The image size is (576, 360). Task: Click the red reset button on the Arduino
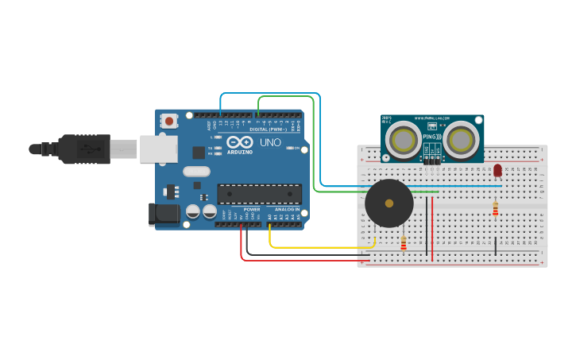click(x=168, y=121)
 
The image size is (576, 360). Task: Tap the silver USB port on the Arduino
click(x=158, y=149)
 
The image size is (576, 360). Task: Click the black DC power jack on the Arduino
click(x=164, y=213)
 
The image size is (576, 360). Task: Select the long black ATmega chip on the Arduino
click(x=259, y=194)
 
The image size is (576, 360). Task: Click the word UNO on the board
click(x=270, y=142)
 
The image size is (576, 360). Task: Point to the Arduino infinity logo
click(x=240, y=142)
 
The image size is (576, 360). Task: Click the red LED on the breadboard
click(x=498, y=170)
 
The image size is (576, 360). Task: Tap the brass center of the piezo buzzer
click(x=389, y=203)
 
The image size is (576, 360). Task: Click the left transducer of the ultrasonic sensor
click(x=404, y=140)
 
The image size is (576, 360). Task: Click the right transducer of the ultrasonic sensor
click(x=461, y=140)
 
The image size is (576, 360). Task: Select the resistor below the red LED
click(x=496, y=208)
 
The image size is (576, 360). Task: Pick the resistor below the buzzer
click(x=404, y=243)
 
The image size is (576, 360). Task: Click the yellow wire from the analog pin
click(x=318, y=247)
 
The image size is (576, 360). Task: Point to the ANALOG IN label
click(x=288, y=209)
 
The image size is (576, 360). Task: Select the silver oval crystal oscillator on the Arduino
click(x=196, y=171)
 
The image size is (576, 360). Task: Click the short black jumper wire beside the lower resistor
click(x=496, y=246)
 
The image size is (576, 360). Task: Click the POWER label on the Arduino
click(x=252, y=209)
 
